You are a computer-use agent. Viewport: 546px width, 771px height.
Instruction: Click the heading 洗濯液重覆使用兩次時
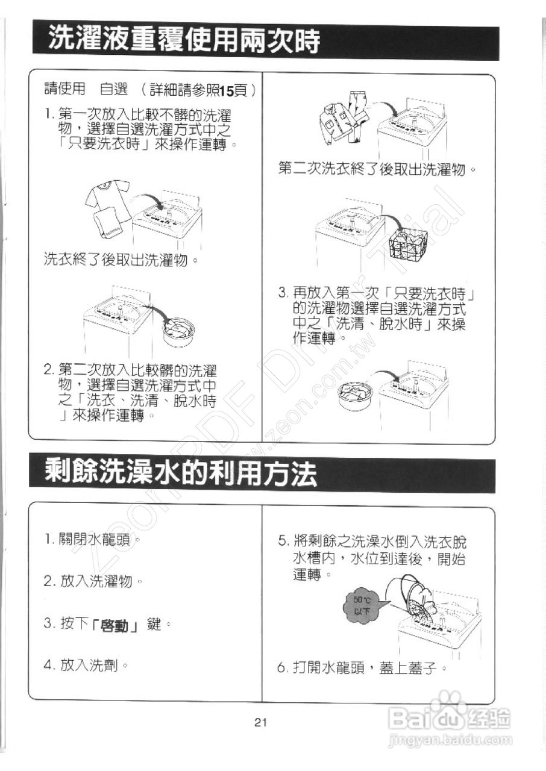(x=184, y=42)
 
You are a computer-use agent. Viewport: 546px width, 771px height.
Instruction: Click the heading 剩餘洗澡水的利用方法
(x=181, y=475)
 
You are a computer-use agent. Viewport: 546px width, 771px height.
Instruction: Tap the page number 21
(x=260, y=722)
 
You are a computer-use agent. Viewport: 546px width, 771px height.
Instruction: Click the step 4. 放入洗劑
(x=86, y=666)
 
